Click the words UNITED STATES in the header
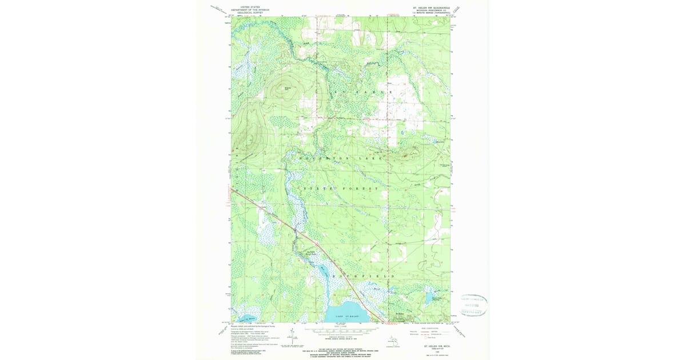pyautogui.click(x=249, y=7)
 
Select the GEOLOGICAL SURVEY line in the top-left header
pyautogui.click(x=249, y=13)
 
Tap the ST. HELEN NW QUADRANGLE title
pyautogui.click(x=431, y=8)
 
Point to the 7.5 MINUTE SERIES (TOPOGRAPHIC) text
pyautogui.click(x=431, y=14)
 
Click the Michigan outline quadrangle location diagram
pyautogui.click(x=392, y=341)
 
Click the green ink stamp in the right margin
pyautogui.click(x=473, y=305)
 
